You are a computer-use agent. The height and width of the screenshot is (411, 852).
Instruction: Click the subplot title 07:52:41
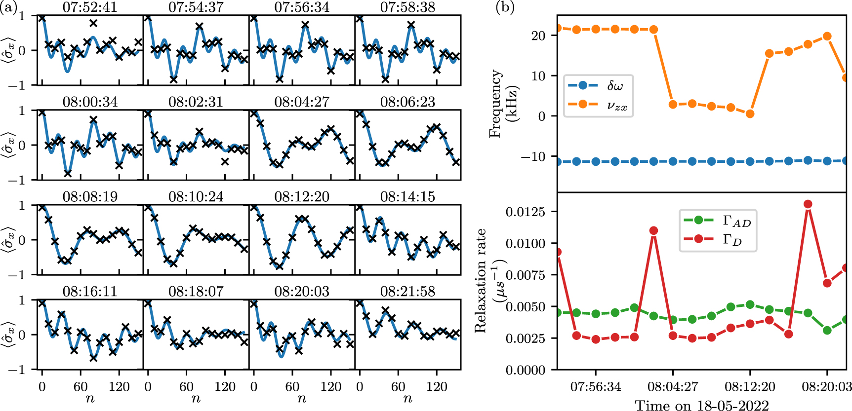click(90, 7)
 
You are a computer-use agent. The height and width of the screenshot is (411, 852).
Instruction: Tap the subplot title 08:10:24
click(196, 197)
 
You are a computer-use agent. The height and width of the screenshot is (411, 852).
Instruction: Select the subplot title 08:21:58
click(407, 292)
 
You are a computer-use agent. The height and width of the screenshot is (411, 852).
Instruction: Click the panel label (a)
click(10, 8)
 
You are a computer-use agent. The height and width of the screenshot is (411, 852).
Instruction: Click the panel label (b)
click(505, 8)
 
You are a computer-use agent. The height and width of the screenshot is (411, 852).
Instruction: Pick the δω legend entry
click(599, 85)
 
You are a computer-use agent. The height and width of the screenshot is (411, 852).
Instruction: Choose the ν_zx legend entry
click(599, 105)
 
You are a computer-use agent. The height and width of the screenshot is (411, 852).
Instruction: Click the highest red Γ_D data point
click(808, 204)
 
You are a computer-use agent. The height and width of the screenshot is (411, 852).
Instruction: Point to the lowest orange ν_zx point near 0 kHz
click(750, 113)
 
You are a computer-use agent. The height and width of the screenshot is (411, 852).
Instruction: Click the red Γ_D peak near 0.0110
click(653, 231)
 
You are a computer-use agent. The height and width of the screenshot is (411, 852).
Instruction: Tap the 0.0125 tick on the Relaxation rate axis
click(526, 212)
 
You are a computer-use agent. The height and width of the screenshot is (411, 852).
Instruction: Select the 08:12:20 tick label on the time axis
click(750, 386)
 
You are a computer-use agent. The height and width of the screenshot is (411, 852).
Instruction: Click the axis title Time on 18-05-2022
click(702, 406)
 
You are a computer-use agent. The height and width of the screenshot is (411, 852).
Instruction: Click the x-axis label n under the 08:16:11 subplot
click(90, 399)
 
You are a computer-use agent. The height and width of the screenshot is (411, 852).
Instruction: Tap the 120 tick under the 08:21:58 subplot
click(437, 386)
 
